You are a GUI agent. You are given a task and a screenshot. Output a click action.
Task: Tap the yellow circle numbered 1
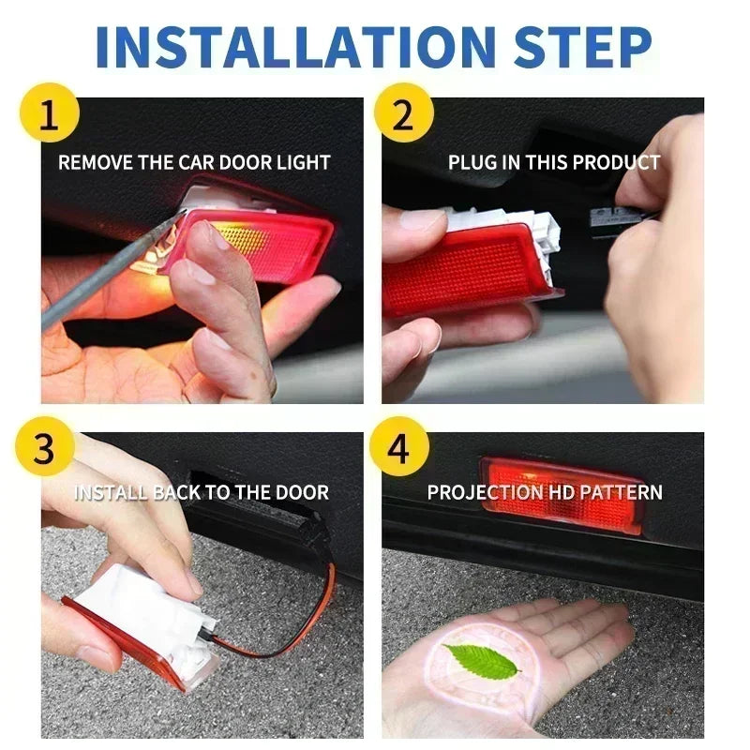[47, 119]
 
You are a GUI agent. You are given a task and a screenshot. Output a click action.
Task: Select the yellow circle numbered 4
[400, 450]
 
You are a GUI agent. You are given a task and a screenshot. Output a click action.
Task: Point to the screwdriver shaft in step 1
[103, 272]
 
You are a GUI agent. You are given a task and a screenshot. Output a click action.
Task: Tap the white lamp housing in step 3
[150, 614]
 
